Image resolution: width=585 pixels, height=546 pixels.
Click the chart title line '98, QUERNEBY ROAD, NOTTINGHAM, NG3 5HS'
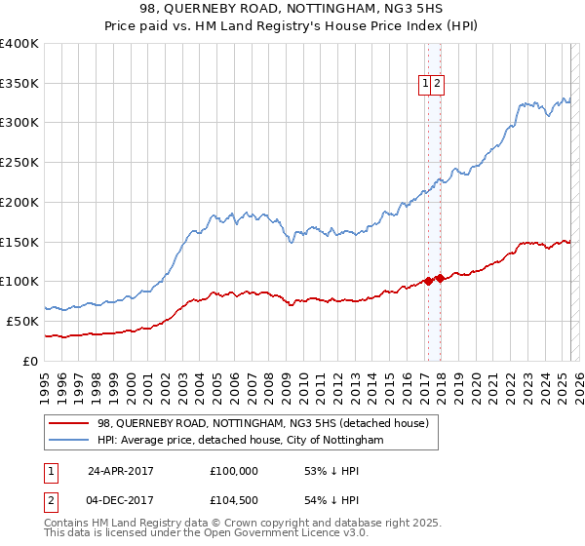point(292,11)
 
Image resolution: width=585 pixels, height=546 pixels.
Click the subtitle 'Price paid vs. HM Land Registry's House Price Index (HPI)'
point(292,28)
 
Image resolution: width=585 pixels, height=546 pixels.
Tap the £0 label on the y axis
point(30,361)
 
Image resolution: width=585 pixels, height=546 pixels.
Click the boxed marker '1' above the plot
point(426,85)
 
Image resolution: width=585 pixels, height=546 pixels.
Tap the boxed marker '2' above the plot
point(437,85)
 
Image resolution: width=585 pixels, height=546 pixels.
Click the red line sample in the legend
point(69,423)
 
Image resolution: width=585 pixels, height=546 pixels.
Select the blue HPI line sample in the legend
point(69,441)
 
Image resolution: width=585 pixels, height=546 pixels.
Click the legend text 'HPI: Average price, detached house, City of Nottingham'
point(241,441)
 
